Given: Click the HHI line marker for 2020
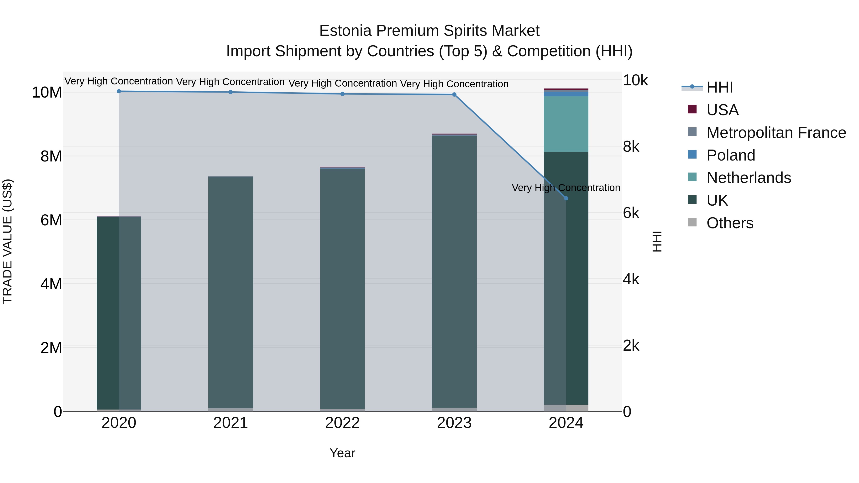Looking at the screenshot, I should pyautogui.click(x=119, y=91).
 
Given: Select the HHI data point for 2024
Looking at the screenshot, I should pyautogui.click(x=566, y=198).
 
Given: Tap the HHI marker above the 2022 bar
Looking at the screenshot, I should pyautogui.click(x=342, y=94).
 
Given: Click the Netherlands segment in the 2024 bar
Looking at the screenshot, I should pyautogui.click(x=566, y=124).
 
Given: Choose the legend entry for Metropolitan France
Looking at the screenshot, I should pyautogui.click(x=776, y=133).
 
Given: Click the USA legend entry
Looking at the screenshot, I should pyautogui.click(x=722, y=110).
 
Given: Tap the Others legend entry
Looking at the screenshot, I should pyautogui.click(x=730, y=223).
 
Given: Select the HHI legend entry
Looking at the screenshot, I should pyautogui.click(x=720, y=87).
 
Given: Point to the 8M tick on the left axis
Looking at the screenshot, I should pyautogui.click(x=51, y=156).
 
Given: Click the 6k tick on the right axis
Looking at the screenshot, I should pyautogui.click(x=631, y=213).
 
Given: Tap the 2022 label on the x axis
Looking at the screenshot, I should pyautogui.click(x=342, y=423).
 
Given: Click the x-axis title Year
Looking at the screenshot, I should pyautogui.click(x=342, y=453).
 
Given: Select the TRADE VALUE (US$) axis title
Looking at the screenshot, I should pyautogui.click(x=7, y=241).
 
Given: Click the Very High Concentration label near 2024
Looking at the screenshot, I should pyautogui.click(x=566, y=188).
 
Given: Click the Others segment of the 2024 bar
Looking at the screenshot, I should pyautogui.click(x=566, y=408).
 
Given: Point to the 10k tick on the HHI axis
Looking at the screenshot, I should pyautogui.click(x=635, y=80).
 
